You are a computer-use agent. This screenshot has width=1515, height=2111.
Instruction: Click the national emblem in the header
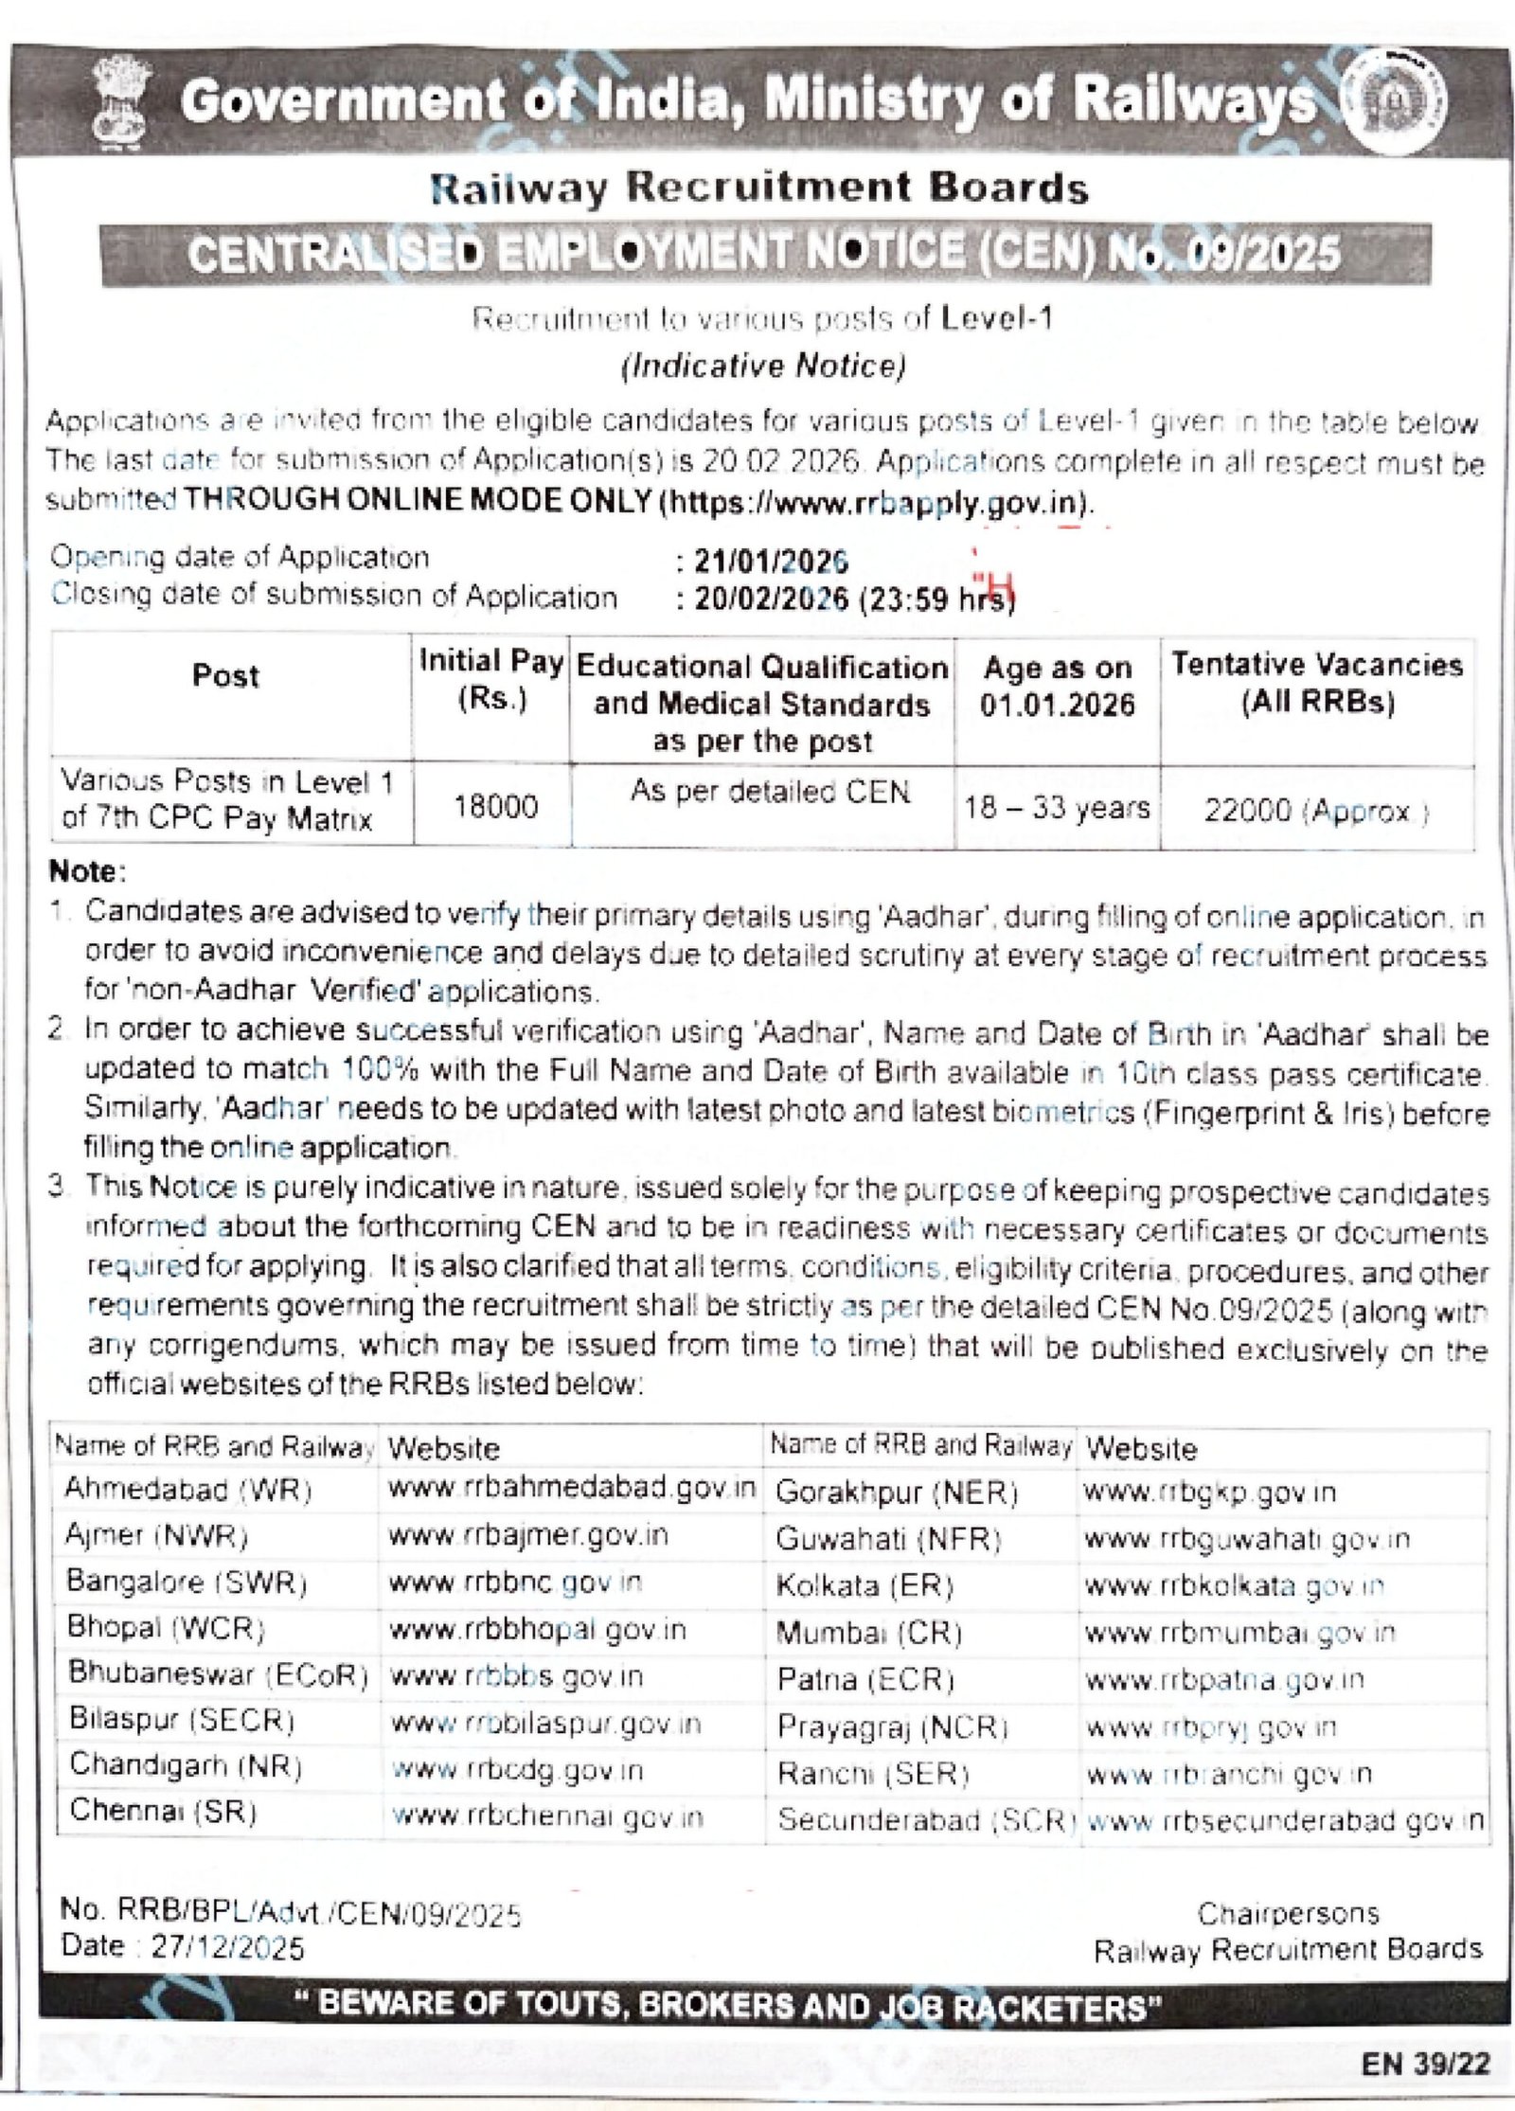tap(122, 101)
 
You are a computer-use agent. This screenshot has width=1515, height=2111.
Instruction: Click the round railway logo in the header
tap(1395, 102)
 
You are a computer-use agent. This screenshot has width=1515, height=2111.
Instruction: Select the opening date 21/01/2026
tap(771, 561)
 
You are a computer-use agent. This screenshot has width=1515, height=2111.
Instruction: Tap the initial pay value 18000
tap(495, 806)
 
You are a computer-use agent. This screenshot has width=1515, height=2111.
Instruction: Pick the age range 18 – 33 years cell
tap(1057, 808)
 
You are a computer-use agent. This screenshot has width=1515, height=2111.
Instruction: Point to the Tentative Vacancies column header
tap(1317, 683)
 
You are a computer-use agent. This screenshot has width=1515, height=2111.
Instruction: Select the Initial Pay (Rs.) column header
tap(491, 679)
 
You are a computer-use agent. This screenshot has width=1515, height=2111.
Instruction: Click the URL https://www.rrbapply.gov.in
tap(876, 502)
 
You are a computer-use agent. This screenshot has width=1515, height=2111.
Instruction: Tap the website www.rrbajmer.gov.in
tap(527, 1535)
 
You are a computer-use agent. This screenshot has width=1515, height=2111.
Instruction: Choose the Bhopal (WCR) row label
tap(166, 1627)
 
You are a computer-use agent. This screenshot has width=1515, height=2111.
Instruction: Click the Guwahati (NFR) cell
tap(888, 1539)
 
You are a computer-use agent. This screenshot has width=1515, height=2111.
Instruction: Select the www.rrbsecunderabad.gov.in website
tap(1285, 1820)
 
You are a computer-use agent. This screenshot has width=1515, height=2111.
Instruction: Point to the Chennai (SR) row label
tap(163, 1811)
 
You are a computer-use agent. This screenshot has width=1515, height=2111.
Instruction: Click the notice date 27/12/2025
tap(227, 1947)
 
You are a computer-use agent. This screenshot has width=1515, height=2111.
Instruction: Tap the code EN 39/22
tap(1426, 2065)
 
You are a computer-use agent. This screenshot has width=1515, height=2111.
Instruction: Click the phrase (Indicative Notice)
tap(763, 366)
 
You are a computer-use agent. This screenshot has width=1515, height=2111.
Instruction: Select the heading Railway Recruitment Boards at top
tap(759, 188)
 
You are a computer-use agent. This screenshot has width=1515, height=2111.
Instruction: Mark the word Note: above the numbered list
tap(87, 870)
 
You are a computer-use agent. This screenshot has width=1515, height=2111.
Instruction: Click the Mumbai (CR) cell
tap(868, 1633)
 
